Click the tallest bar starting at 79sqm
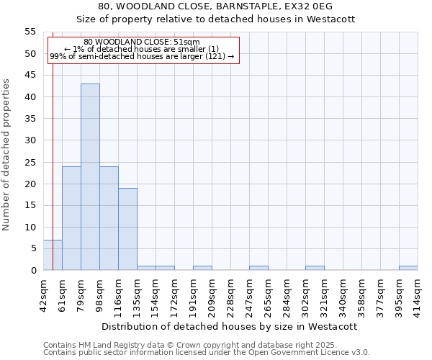90,177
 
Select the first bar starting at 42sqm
53,255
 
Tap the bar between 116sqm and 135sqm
127,229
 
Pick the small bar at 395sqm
408,268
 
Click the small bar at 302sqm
315,268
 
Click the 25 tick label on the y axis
31,162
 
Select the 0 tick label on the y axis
33,271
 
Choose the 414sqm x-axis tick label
418,294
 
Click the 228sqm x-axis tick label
230,294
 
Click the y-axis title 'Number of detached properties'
7,154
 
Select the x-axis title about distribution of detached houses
230,326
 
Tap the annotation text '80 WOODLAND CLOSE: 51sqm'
142,42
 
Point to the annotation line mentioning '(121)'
142,56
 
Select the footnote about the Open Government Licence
207,352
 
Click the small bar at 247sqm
258,268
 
